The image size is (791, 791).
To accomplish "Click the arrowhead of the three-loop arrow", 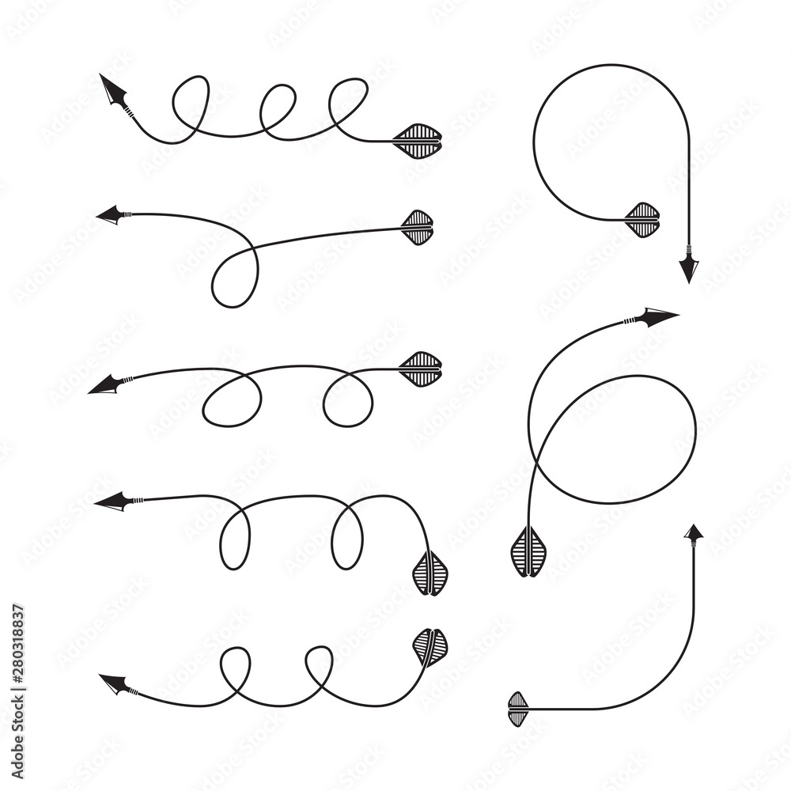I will pyautogui.click(x=113, y=90).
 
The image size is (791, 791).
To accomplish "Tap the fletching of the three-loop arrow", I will pyautogui.click(x=418, y=142).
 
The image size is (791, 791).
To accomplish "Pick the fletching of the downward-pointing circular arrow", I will pyautogui.click(x=643, y=220).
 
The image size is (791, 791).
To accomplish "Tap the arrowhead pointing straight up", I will pyautogui.click(x=694, y=534).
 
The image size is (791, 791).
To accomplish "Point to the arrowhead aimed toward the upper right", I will pyautogui.click(x=657, y=316).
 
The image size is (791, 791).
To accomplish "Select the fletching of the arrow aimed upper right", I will pyautogui.click(x=528, y=552).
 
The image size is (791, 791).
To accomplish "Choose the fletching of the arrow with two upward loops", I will pyautogui.click(x=430, y=646).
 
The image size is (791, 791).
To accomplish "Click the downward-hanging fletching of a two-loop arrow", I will pyautogui.click(x=431, y=573).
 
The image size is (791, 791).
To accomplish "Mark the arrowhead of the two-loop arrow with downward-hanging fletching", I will pyautogui.click(x=112, y=501).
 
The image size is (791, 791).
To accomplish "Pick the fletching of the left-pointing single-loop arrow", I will pyautogui.click(x=418, y=228).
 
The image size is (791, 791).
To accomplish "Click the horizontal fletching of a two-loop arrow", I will pyautogui.click(x=421, y=369).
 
